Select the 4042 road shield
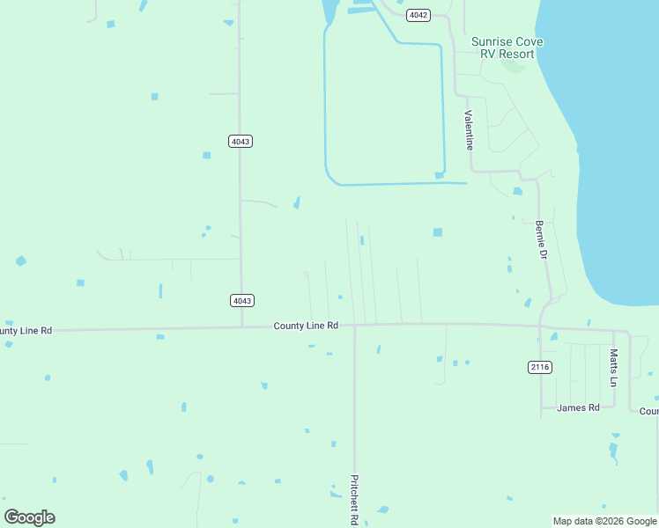click(x=418, y=16)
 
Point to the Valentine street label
click(x=470, y=129)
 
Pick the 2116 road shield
click(x=540, y=366)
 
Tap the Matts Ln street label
click(x=614, y=368)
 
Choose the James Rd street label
click(x=578, y=407)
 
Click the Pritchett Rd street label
click(x=354, y=500)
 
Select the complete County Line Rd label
click(x=306, y=326)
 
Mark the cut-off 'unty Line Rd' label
click(x=26, y=330)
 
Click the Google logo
click(x=30, y=517)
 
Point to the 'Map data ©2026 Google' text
click(x=604, y=521)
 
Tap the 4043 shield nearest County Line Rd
click(x=242, y=300)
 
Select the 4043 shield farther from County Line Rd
click(x=241, y=141)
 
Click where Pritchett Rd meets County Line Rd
click(x=354, y=326)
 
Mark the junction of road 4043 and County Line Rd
click(x=242, y=327)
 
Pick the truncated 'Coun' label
click(x=648, y=411)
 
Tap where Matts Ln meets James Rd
click(x=614, y=407)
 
